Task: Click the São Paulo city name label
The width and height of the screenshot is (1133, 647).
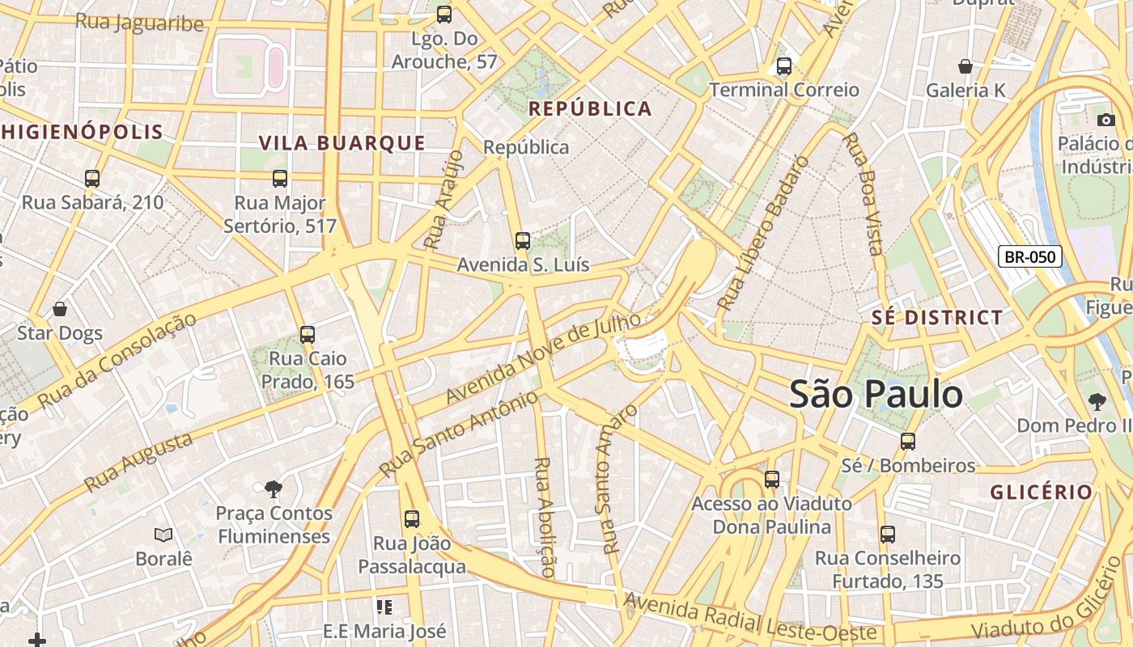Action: coord(876,395)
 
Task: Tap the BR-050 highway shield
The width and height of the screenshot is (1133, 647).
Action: coord(1029,257)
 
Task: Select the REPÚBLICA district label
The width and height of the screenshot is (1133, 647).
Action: coord(589,109)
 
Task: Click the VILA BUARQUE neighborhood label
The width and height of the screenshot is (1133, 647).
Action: coord(342,143)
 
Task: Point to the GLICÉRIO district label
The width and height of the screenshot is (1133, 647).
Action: coord(1041,492)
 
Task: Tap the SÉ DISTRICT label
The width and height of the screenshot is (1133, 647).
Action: coord(937,318)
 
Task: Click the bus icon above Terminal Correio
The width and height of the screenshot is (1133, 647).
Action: coord(783,66)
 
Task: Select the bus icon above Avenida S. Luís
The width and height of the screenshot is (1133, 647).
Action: coord(523,240)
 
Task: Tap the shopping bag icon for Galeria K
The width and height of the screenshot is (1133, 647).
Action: coord(965,66)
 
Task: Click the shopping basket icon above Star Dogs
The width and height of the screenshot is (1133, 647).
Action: coord(60,309)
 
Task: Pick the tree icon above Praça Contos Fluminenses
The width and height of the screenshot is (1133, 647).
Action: coord(274,488)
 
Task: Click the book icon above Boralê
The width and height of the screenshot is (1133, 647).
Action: coord(163,535)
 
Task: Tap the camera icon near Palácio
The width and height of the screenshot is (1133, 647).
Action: coord(1105,121)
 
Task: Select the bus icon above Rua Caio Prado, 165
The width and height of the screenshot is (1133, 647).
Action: coord(307,334)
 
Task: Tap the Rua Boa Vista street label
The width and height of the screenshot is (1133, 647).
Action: coord(862,194)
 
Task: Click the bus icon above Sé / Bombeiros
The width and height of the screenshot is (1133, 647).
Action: coord(908,441)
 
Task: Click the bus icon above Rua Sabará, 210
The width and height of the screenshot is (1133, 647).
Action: coord(92,179)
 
